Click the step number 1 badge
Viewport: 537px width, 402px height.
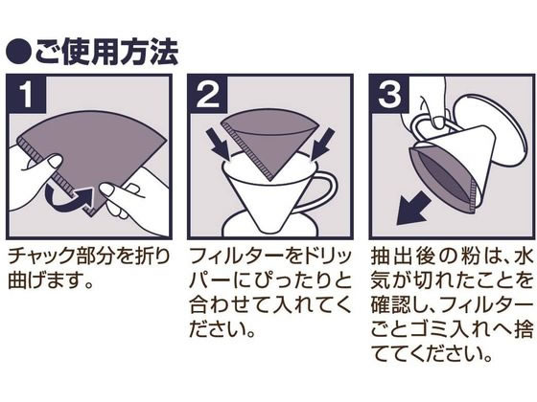(x=27, y=94)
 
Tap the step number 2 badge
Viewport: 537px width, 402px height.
(x=208, y=94)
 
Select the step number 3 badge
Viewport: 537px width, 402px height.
(x=389, y=94)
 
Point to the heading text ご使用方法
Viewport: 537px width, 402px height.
(x=106, y=53)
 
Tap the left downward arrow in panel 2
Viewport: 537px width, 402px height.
(x=218, y=144)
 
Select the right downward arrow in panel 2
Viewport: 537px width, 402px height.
(x=321, y=144)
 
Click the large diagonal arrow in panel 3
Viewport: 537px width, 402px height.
(x=413, y=209)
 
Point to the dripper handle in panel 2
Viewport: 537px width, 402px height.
(x=324, y=191)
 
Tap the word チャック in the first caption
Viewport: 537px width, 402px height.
(x=36, y=257)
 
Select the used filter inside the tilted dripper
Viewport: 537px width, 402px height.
(x=442, y=180)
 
